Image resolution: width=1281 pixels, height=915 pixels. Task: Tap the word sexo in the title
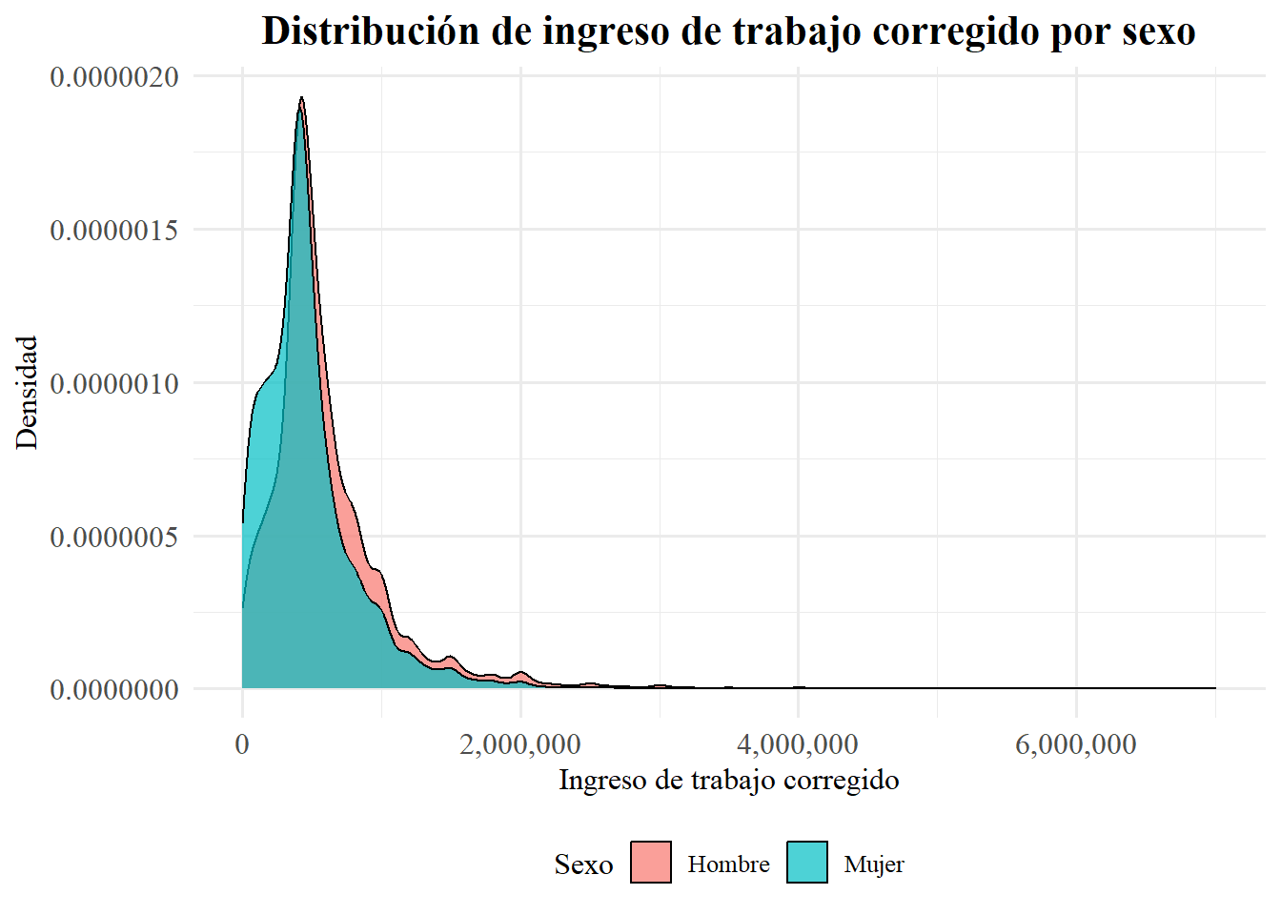(1158, 31)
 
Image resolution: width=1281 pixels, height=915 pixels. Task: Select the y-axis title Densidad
(27, 392)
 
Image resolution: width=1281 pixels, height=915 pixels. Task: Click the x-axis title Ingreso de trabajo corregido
(728, 780)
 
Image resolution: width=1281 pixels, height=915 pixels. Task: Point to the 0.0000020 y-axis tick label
(114, 76)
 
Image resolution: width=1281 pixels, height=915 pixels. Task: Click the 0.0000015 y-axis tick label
(114, 230)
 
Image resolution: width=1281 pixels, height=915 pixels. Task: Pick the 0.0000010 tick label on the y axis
(114, 383)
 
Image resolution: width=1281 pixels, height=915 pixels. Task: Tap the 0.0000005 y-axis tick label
(114, 537)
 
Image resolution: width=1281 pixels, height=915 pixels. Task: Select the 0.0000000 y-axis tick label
(114, 689)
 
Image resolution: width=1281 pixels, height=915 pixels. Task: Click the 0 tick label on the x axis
(242, 744)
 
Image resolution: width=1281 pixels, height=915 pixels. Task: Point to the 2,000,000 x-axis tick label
(519, 744)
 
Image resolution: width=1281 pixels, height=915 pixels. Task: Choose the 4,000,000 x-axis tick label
(798, 744)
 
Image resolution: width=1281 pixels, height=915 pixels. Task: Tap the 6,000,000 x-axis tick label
(1075, 744)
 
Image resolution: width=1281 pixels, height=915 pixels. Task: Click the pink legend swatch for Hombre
(651, 863)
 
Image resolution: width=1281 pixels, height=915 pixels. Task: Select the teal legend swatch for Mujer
(807, 863)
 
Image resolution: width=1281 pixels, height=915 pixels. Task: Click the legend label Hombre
(728, 864)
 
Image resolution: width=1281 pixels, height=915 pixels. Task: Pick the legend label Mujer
(874, 864)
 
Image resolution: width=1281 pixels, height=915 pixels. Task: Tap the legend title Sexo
(583, 864)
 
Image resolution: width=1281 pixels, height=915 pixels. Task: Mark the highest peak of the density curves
(301, 98)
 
